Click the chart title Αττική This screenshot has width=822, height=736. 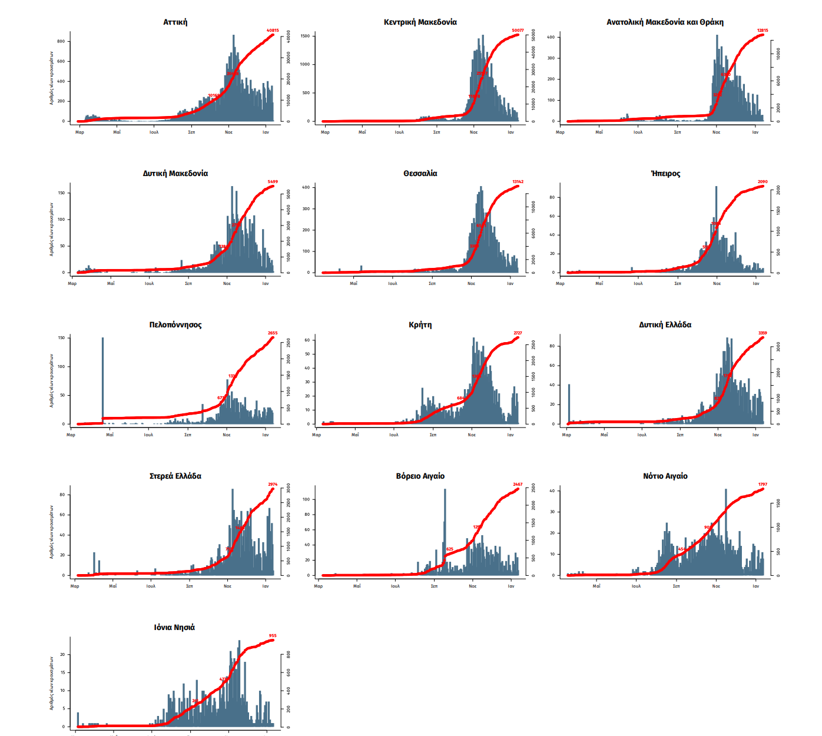(x=175, y=22)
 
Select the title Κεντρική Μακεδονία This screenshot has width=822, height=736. (x=420, y=22)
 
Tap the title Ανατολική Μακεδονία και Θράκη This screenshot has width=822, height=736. (x=665, y=22)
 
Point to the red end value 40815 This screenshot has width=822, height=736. (x=273, y=31)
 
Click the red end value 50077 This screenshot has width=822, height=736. (x=518, y=31)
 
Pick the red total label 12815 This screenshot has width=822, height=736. (x=763, y=31)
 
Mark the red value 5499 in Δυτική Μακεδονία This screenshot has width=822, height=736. (x=273, y=182)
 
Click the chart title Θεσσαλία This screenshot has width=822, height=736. (x=420, y=174)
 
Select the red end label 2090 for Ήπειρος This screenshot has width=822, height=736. (x=763, y=182)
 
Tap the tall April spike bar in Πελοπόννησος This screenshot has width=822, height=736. (x=102, y=377)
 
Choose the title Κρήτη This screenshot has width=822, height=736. (x=420, y=325)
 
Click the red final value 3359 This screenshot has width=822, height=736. (x=763, y=333)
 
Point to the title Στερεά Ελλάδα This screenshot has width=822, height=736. (x=175, y=476)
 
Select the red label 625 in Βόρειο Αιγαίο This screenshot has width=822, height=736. (x=450, y=549)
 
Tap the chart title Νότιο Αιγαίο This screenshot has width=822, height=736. (x=665, y=476)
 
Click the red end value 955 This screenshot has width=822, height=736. (x=273, y=636)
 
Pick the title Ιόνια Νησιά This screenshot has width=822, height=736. (x=174, y=628)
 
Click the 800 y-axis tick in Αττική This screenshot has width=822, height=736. (x=61, y=41)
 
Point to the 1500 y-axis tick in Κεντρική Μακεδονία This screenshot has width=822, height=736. (x=305, y=36)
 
